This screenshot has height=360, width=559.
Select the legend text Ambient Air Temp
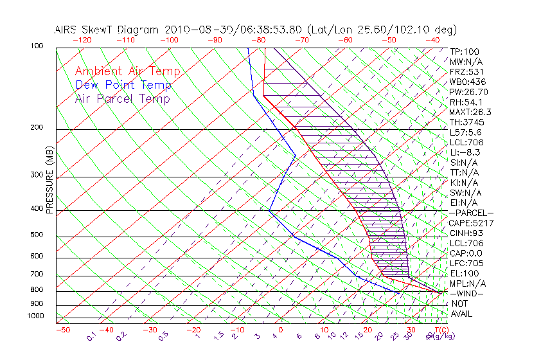pos(127,71)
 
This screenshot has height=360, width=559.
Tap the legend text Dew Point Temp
pos(123,85)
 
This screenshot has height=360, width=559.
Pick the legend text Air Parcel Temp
pos(123,98)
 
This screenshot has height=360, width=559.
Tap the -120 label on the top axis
pos(82,40)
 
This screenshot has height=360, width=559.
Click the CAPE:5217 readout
pos(472,223)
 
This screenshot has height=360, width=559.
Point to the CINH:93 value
pos(467,233)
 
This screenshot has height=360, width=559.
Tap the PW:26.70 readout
pos(469,92)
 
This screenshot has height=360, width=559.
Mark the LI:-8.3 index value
pos(465,152)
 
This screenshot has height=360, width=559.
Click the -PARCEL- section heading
pos(472,213)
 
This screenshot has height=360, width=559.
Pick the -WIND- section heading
pos(468,293)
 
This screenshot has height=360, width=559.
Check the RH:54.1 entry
pos(466,102)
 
